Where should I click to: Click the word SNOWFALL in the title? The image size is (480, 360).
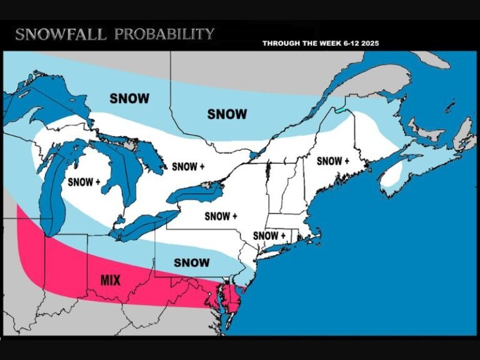pos(61,34)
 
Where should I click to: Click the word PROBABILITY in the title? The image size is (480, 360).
pos(164,34)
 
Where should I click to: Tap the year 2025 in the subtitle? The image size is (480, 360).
pos(367,44)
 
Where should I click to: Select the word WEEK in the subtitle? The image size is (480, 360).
pos(325,44)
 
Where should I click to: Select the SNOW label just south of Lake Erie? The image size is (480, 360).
pos(192,262)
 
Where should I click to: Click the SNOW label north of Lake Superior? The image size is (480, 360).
pos(129,98)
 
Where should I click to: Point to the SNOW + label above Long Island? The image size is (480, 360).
pos(269,236)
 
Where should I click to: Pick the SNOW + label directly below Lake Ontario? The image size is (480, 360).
pos(221,216)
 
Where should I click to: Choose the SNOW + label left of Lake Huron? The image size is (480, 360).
pos(84,182)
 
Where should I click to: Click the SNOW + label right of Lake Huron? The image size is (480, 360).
pos(188,167)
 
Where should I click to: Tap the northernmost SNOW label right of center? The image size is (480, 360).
pos(227,114)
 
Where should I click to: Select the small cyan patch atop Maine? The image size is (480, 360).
pos(341,110)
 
